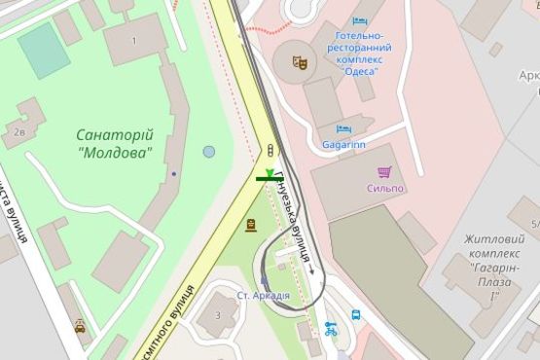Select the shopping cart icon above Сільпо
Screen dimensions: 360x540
pos(383,172)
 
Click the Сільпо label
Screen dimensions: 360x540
pos(385,188)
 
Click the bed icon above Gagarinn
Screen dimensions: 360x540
pos(342,128)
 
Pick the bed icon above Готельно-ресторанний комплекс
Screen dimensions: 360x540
pos(360,20)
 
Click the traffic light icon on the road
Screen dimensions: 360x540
pos(270,149)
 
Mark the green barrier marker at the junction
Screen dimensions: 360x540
pos(269,176)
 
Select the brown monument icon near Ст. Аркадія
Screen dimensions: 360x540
pos(251,225)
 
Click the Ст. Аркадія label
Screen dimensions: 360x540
pos(263,295)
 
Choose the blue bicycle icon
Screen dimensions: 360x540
pos(330,330)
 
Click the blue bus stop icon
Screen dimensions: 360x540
pos(356,316)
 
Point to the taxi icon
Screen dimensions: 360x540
pos(80,327)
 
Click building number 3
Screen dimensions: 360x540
pos(218,315)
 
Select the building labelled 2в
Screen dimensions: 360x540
pos(19,131)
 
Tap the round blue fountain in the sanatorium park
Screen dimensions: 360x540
pos(209,152)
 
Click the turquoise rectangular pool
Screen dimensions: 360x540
pos(43,51)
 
